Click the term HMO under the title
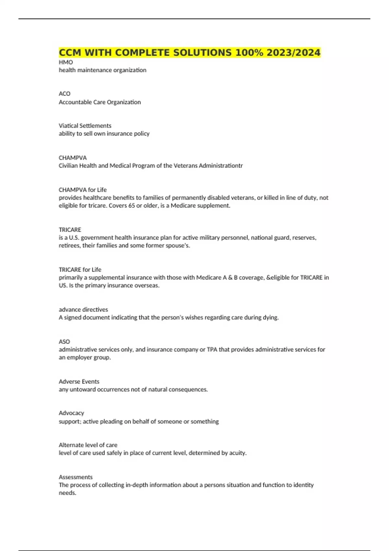tap(66, 62)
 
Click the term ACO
tap(65, 94)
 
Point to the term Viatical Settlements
tap(85, 126)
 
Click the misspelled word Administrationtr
tap(220, 166)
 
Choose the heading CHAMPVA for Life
tap(83, 190)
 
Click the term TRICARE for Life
tap(80, 270)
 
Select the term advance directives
tap(83, 310)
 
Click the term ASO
tap(64, 342)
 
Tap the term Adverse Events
tap(79, 382)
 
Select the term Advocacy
tap(71, 413)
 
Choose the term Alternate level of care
tap(88, 445)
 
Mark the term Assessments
tap(76, 477)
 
